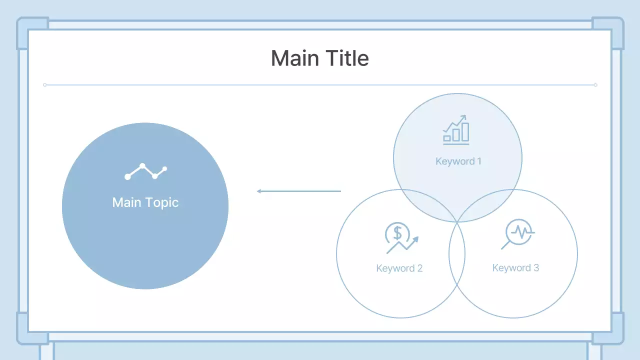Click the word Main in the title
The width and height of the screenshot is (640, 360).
(x=295, y=58)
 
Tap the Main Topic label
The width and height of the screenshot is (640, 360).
(x=145, y=202)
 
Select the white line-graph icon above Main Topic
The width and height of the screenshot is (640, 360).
(x=145, y=171)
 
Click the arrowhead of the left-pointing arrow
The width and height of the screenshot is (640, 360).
(x=259, y=191)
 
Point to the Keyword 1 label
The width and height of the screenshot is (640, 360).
(x=458, y=161)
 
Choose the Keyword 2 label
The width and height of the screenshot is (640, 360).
(x=399, y=268)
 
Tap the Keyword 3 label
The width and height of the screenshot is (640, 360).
(x=515, y=267)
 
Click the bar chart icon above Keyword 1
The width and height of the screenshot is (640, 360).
(x=456, y=130)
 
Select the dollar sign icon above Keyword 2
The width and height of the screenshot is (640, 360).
(x=401, y=238)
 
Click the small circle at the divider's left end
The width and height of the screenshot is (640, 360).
(x=45, y=85)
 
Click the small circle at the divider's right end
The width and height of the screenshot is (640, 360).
(x=595, y=85)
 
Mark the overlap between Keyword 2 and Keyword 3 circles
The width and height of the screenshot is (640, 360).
(x=457, y=253)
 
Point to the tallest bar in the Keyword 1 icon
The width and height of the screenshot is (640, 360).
(x=465, y=132)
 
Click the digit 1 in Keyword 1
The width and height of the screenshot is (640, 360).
(x=479, y=161)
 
